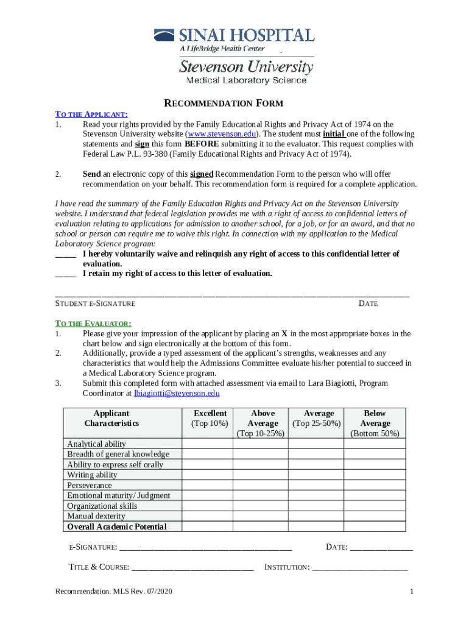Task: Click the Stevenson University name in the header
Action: [246, 66]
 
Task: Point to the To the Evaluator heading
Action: [93, 324]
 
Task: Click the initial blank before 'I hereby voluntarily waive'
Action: [66, 254]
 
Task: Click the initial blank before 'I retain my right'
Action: [66, 274]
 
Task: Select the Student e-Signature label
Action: [95, 303]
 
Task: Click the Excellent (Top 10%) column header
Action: [209, 419]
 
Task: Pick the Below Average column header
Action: [375, 424]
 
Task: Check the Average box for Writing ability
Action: [316, 475]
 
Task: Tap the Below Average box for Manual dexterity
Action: [375, 517]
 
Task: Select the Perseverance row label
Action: [90, 486]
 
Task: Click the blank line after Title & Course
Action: [192, 567]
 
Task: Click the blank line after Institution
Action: [359, 567]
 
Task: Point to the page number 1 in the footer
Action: [412, 592]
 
